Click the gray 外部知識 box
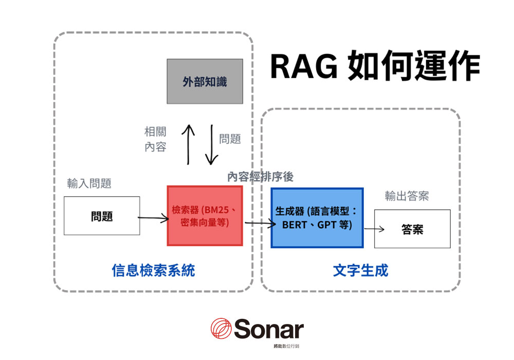pyautogui.click(x=205, y=81)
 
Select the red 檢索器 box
pyautogui.click(x=205, y=216)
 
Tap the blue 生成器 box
pyautogui.click(x=317, y=218)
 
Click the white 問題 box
pyautogui.click(x=102, y=216)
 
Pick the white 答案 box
pyautogui.click(x=412, y=229)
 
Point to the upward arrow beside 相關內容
pyautogui.click(x=189, y=145)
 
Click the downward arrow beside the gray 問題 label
pyautogui.click(x=211, y=145)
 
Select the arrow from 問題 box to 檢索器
pyautogui.click(x=153, y=219)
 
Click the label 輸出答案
pyautogui.click(x=407, y=196)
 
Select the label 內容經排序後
pyautogui.click(x=261, y=177)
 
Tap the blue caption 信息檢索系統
pyautogui.click(x=153, y=270)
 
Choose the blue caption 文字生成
pyautogui.click(x=360, y=270)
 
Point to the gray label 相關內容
pyautogui.click(x=155, y=139)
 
